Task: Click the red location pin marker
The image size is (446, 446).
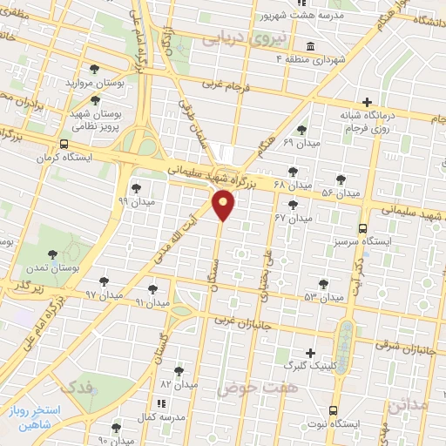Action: pos(225,206)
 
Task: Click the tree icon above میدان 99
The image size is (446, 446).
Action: pos(135,187)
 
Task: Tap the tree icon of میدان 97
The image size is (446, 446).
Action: pos(105,281)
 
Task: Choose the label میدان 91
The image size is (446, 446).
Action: pos(151,302)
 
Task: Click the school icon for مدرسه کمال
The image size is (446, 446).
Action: pos(161,404)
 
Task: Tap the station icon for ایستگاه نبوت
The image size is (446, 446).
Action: pos(334,410)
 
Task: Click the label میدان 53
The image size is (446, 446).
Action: pos(324,297)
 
